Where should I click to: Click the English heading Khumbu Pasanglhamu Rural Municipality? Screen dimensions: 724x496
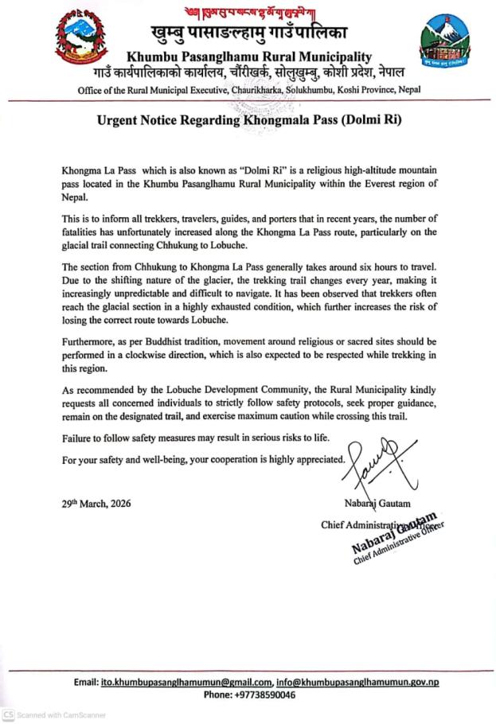click(x=247, y=56)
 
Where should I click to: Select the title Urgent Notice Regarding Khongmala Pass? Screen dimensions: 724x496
click(x=247, y=123)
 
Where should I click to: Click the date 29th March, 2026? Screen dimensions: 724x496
click(x=96, y=504)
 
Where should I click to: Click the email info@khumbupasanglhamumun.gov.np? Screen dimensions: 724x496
click(x=357, y=683)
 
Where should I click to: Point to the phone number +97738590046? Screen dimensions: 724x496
click(x=248, y=695)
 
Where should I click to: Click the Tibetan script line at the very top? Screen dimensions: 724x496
click(x=247, y=9)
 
